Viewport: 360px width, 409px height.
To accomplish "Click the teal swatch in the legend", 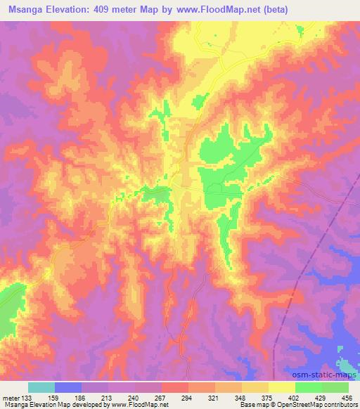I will [41, 387].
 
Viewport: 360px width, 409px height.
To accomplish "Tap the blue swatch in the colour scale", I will [68, 387].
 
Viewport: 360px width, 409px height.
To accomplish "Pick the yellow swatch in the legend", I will [281, 387].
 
